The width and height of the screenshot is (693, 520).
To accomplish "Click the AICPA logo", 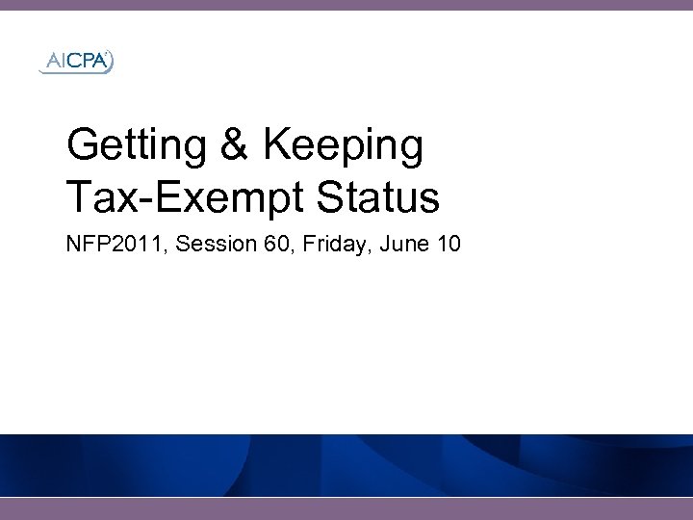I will tap(76, 63).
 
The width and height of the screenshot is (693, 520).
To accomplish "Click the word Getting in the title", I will tap(137, 146).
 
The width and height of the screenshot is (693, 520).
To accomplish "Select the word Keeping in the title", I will tap(343, 146).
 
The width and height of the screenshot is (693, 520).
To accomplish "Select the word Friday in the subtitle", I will tap(329, 245).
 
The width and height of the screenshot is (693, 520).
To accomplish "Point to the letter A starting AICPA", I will tap(50, 63).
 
